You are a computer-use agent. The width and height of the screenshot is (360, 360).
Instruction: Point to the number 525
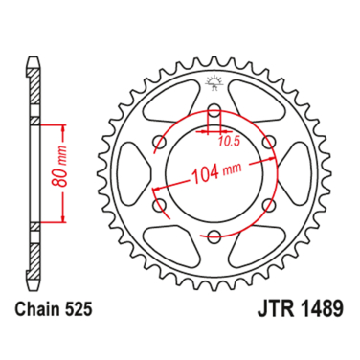pyautogui.click(x=84, y=312)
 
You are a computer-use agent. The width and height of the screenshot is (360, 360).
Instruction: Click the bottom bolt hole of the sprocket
pyautogui.click(x=214, y=236)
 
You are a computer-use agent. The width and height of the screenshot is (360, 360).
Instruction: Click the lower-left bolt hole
pyautogui.click(x=159, y=205)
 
